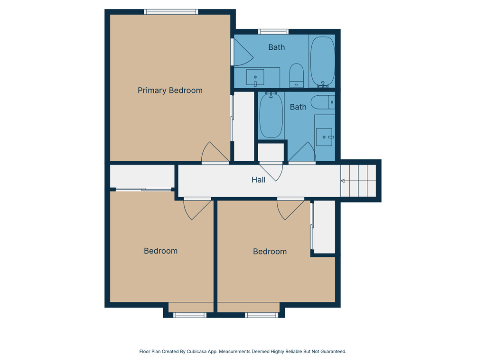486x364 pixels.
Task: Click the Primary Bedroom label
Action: click(x=170, y=90)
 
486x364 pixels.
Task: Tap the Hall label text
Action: click(x=258, y=180)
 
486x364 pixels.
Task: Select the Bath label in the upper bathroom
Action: click(x=276, y=47)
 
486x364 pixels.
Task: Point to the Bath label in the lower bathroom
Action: click(x=298, y=107)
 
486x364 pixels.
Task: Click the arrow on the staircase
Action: click(x=343, y=181)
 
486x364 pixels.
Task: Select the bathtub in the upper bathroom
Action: click(x=323, y=61)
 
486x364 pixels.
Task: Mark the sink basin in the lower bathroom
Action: click(x=325, y=137)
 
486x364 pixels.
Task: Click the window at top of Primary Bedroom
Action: click(x=171, y=12)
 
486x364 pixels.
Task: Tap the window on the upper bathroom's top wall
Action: click(x=273, y=32)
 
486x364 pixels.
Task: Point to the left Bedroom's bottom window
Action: click(x=190, y=315)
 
